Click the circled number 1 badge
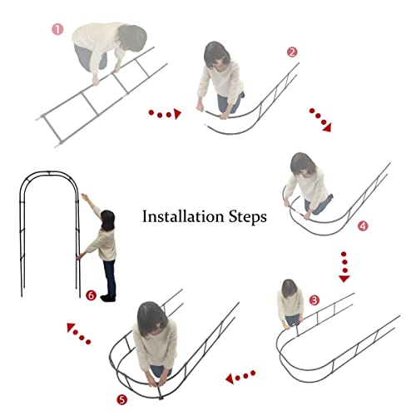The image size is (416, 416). point(57,29)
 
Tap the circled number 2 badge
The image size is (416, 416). point(292,52)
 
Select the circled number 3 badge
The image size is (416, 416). point(314,300)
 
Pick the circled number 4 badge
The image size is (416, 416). point(363,226)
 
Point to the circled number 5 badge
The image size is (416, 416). point(121,399)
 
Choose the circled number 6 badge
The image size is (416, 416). point(91,295)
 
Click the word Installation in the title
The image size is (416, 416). point(183,216)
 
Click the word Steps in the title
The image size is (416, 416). point(248,217)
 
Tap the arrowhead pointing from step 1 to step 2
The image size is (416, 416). point(177,114)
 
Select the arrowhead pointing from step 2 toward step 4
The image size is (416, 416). point(327,127)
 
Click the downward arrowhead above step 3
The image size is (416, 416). point(344,279)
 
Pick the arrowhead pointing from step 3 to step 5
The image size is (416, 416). point(230,379)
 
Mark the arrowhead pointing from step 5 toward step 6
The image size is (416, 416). point(71,327)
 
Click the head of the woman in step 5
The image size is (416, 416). point(152,319)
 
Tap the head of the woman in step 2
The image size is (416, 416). point(216,55)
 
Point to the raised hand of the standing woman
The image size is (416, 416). point(85,197)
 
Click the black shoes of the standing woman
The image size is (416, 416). point(108,298)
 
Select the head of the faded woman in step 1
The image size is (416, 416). point(132,38)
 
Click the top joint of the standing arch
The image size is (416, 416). point(48,173)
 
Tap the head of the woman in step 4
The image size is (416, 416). point(303,164)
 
